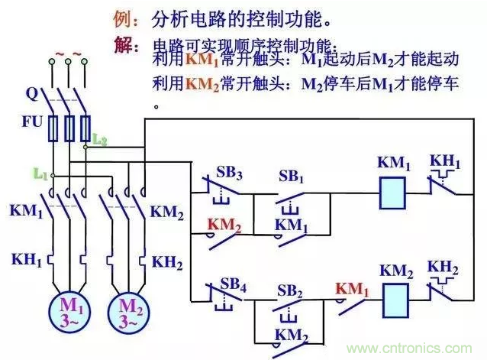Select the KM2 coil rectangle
393,296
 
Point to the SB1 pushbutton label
291,176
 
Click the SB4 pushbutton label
231,270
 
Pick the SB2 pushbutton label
290,290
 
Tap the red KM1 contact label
351,290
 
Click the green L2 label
99,138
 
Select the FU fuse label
34,121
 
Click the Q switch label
31,94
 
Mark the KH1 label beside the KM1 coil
446,162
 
